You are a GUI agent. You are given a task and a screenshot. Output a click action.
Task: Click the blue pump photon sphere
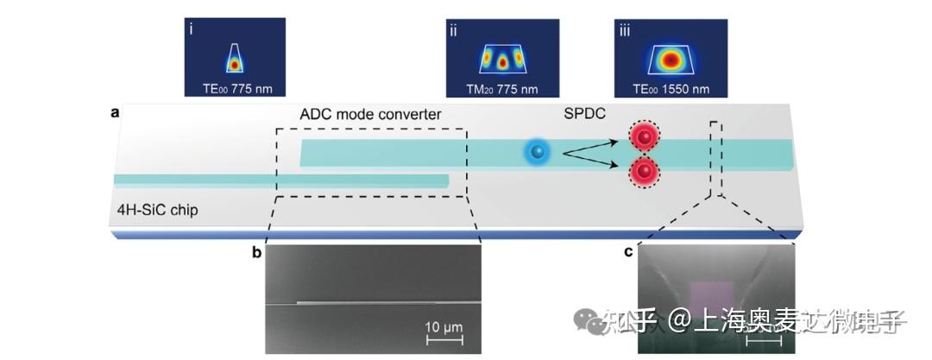(538, 153)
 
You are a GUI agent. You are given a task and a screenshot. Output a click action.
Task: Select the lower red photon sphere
(643, 171)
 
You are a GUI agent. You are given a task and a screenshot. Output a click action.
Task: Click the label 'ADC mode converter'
(370, 115)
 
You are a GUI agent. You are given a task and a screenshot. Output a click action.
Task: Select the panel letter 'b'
(256, 252)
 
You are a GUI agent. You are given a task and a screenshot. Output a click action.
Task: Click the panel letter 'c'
(628, 252)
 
